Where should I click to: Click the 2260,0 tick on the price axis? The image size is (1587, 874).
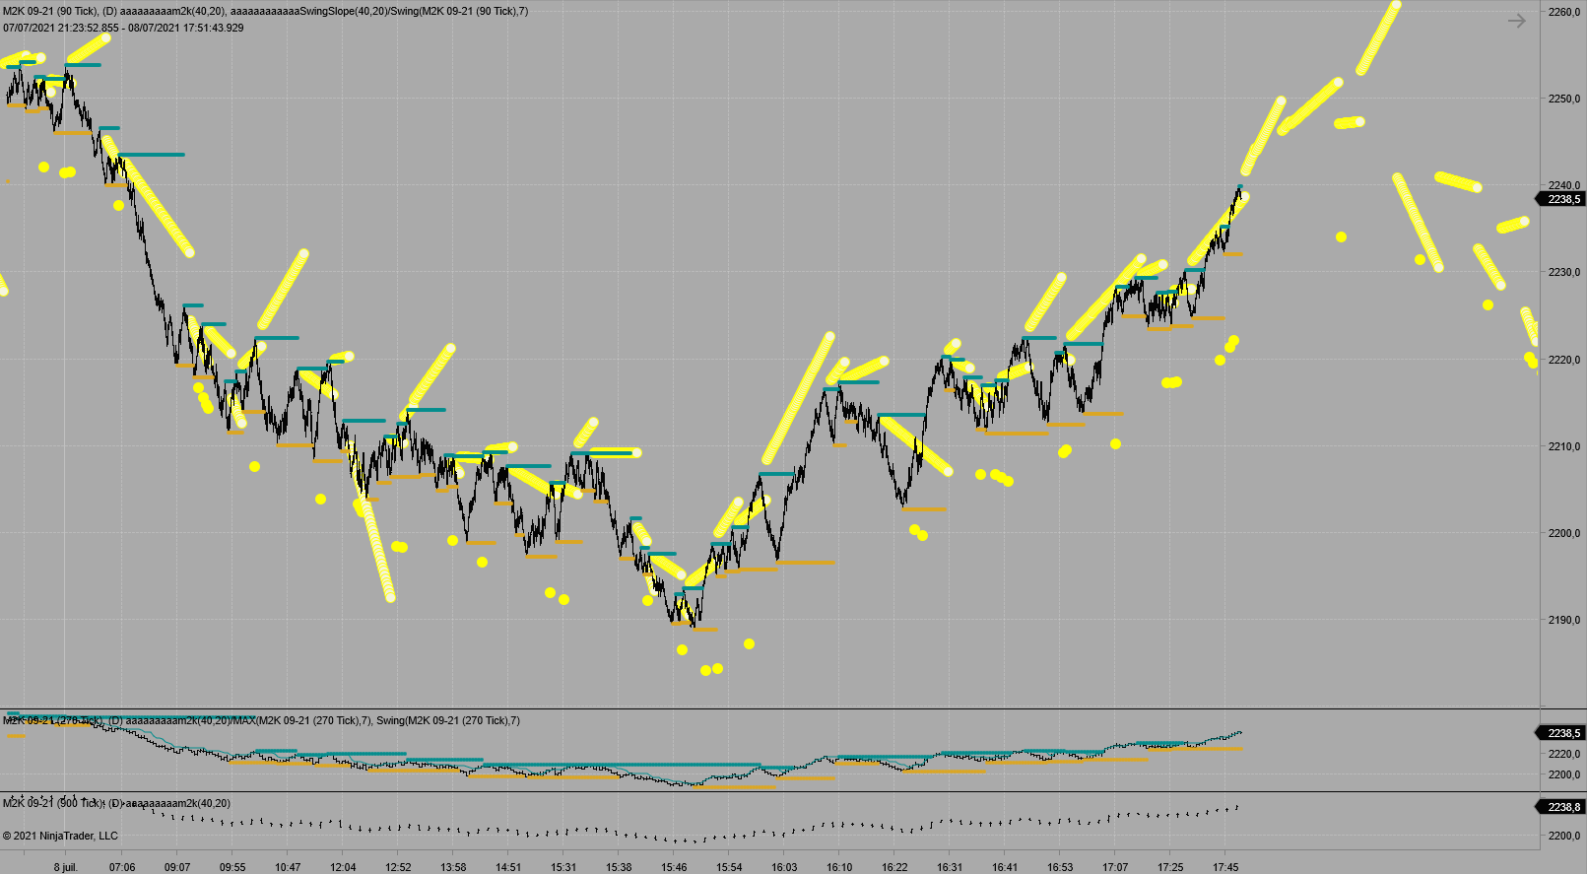pos(1564,12)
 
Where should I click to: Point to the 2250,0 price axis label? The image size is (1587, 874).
pos(1564,99)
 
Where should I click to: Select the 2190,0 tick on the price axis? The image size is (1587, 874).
pos(1564,620)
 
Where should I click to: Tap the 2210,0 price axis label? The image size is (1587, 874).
pos(1564,446)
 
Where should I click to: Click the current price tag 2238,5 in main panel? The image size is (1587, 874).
pos(1563,199)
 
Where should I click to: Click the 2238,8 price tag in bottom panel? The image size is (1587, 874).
pos(1563,807)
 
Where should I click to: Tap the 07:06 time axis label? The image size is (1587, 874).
pos(122,867)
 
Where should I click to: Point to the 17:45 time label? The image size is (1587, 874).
pos(1225,867)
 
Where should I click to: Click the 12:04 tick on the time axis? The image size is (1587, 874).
pos(343,867)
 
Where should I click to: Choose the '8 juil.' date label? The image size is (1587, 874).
pos(65,867)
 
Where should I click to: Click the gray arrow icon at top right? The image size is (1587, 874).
pos(1516,21)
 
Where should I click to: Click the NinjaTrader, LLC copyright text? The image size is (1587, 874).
pos(60,836)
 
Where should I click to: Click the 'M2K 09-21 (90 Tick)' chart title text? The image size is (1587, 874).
pos(49,12)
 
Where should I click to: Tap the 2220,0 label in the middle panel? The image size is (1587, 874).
pos(1564,754)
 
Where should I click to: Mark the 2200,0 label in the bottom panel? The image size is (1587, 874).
pos(1564,836)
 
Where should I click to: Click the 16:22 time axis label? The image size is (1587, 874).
pos(894,867)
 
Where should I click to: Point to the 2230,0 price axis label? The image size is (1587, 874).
pos(1564,272)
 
